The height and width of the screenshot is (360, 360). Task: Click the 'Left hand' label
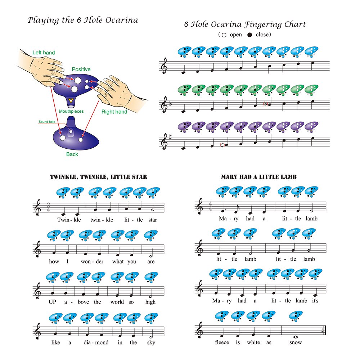[x=44, y=53]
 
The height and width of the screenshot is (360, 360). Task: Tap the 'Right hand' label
[x=114, y=112]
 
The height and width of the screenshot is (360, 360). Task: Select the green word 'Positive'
[x=81, y=69]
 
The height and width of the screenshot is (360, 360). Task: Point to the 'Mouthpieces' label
[x=71, y=111]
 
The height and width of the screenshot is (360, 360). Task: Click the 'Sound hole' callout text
[x=47, y=122]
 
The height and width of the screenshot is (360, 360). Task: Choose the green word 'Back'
[x=72, y=154]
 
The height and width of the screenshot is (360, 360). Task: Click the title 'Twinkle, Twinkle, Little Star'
[x=98, y=177]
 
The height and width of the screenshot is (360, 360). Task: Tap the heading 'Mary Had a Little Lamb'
[x=258, y=177]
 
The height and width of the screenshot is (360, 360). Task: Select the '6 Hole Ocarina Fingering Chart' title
[x=245, y=24]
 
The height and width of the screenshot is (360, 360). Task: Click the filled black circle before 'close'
[x=250, y=35]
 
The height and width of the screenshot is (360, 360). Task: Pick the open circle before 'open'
[x=224, y=35]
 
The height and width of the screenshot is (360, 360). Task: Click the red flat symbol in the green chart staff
[x=266, y=104]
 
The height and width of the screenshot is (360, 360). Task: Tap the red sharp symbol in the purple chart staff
[x=222, y=145]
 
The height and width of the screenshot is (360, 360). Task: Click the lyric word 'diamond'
[x=96, y=342]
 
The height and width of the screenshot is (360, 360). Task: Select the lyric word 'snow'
[x=295, y=342]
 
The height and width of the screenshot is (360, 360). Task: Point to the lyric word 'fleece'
[x=222, y=342]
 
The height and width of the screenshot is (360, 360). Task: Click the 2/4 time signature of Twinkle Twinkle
[x=48, y=208]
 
